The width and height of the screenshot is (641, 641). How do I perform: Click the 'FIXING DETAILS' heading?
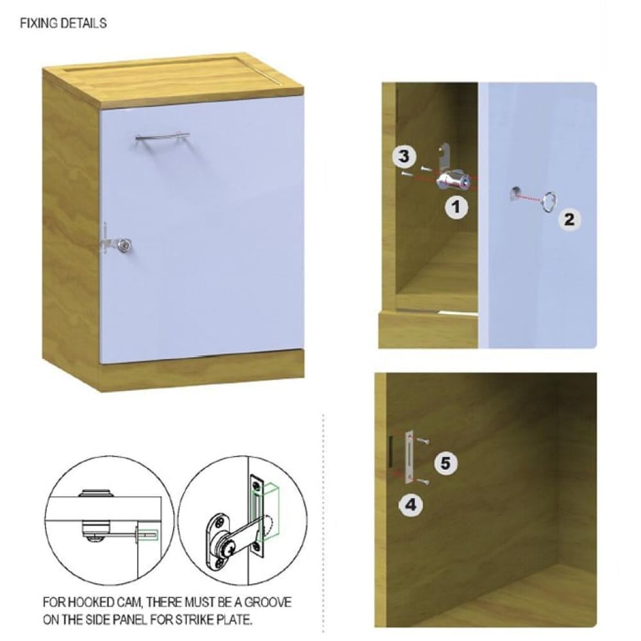point(63,23)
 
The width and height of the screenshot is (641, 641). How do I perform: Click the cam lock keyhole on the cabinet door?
point(124,245)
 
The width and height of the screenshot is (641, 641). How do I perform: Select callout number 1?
point(456,207)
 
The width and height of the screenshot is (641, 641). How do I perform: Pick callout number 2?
point(569,220)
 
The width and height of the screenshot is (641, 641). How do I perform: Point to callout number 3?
point(404,156)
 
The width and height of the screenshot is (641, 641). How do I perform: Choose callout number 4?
point(410,505)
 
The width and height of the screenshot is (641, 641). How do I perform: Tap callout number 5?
point(445,463)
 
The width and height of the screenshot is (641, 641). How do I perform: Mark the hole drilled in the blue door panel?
point(515,192)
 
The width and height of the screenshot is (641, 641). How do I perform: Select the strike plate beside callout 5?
point(410,458)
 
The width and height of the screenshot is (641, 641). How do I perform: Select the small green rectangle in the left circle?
point(148,533)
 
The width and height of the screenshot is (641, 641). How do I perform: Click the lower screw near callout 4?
point(422,482)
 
